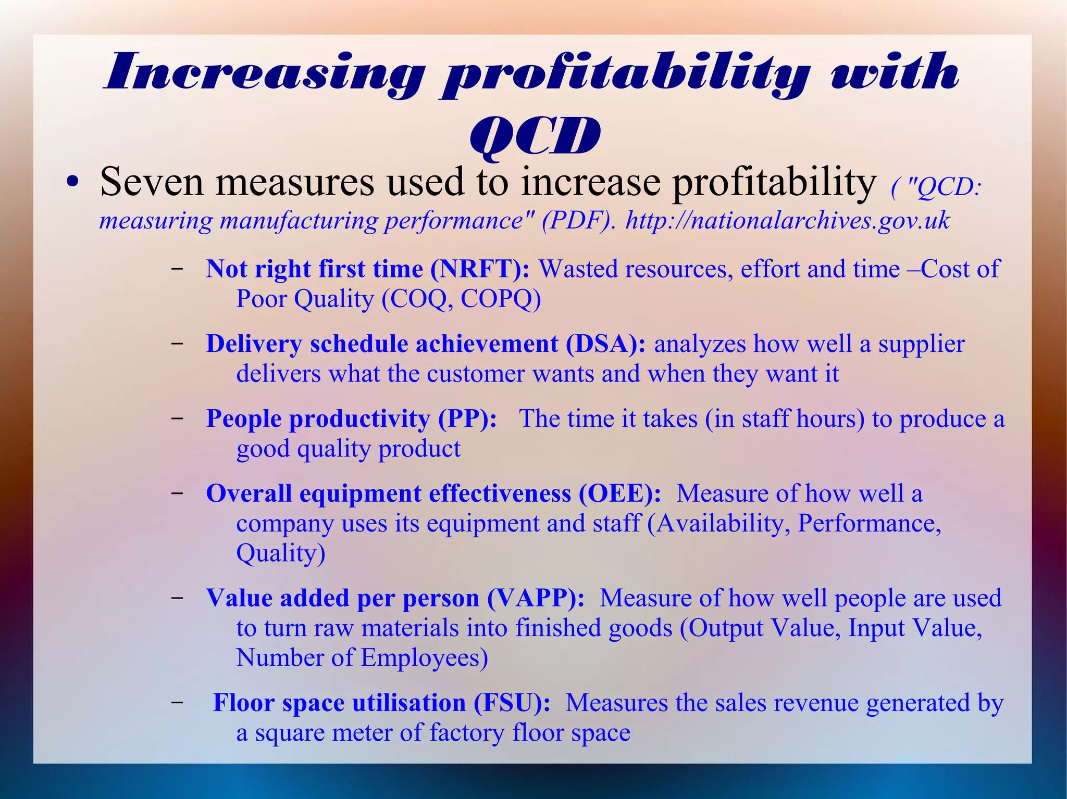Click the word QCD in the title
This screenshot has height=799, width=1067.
pyautogui.click(x=535, y=136)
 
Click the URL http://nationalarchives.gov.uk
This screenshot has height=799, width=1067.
pyautogui.click(x=787, y=220)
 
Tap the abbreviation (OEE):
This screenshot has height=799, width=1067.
pyautogui.click(x=619, y=493)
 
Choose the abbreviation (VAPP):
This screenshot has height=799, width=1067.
pyautogui.click(x=536, y=598)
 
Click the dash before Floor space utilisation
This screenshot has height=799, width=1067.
pyautogui.click(x=177, y=702)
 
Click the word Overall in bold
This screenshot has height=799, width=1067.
pyautogui.click(x=249, y=493)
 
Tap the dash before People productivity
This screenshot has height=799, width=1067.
pyautogui.click(x=177, y=418)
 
